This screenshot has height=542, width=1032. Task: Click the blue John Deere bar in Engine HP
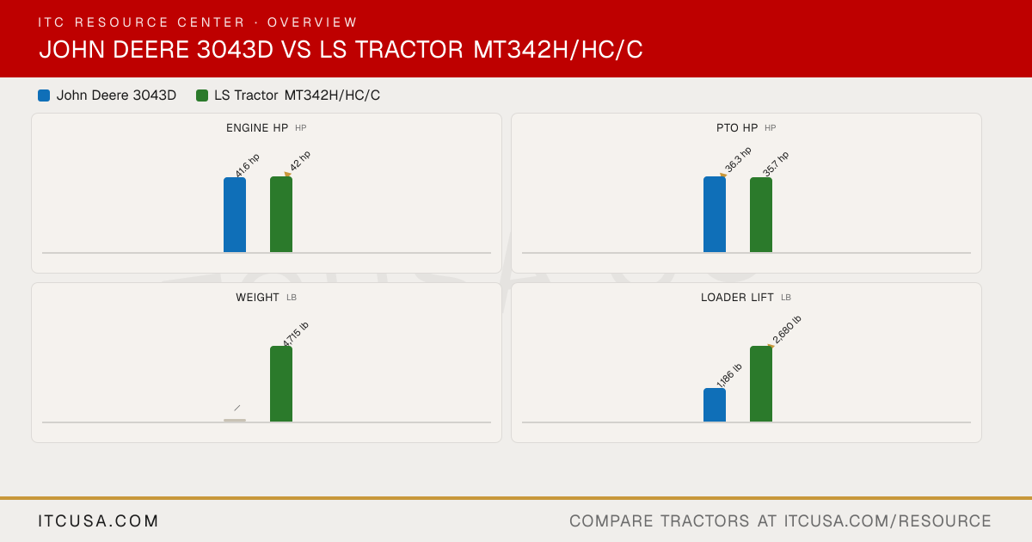click(235, 215)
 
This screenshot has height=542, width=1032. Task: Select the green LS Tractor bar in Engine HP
click(281, 214)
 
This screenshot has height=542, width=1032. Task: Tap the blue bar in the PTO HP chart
click(715, 214)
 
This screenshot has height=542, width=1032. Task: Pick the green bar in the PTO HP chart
click(761, 215)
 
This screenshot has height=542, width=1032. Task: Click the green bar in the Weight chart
click(281, 384)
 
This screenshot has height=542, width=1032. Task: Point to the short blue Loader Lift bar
click(715, 404)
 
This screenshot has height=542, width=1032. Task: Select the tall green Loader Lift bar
click(761, 384)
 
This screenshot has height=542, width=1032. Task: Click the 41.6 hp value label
click(248, 165)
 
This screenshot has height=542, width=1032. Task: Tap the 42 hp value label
click(300, 161)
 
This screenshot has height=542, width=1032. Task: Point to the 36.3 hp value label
click(738, 159)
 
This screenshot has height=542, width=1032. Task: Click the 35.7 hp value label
click(776, 163)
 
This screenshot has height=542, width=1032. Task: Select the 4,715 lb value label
click(295, 334)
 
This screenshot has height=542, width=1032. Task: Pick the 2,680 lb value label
click(787, 330)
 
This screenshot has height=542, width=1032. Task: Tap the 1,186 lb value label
click(729, 375)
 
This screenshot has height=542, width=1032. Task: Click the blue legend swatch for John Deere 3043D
click(44, 95)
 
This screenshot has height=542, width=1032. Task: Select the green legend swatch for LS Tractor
click(202, 95)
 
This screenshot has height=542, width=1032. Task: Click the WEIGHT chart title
click(257, 298)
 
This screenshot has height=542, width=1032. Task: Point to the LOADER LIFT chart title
click(737, 298)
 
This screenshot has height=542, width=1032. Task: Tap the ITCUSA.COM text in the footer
click(98, 520)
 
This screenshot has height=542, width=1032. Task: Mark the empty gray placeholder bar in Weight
click(235, 421)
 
